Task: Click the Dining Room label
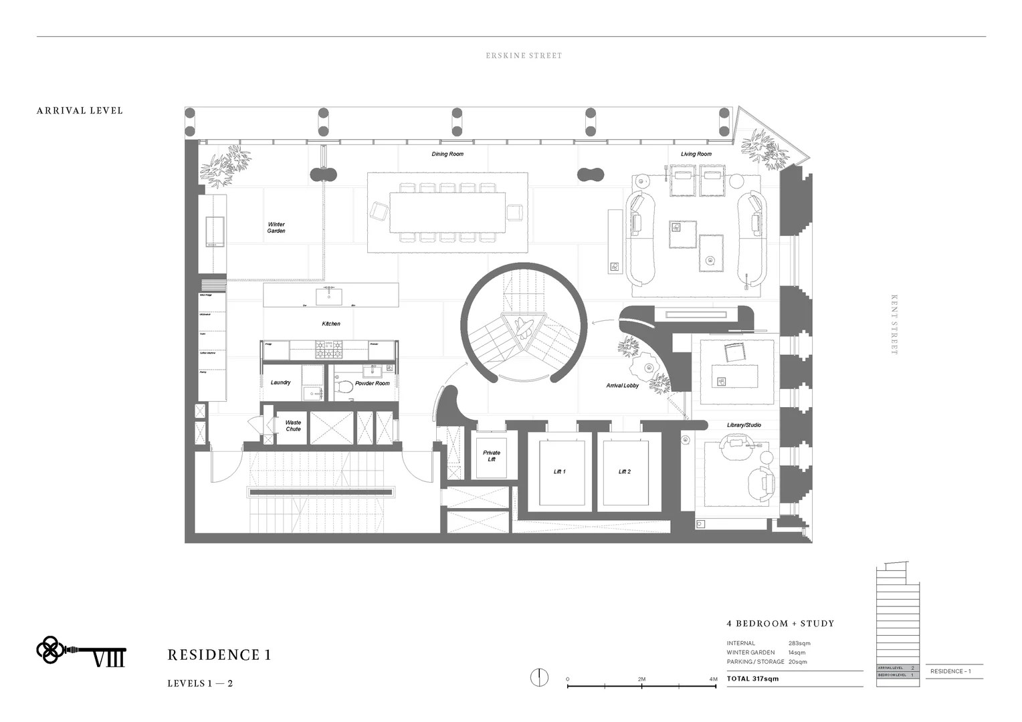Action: coord(447,154)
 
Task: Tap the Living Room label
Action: coord(696,154)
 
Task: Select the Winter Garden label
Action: coord(276,228)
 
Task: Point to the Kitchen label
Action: coord(331,324)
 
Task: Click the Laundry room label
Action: coord(280,382)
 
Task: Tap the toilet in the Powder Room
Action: coord(344,386)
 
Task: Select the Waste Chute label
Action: coord(293,426)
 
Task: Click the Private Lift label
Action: coord(492,456)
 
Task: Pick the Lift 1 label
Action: coord(559,472)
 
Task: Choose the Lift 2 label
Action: coord(624,472)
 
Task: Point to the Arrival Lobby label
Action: coord(622,386)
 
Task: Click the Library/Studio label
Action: coord(744,425)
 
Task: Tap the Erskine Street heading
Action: coord(524,56)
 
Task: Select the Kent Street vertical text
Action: coord(894,325)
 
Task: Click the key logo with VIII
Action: coord(80,650)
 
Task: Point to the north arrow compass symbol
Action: coord(539,677)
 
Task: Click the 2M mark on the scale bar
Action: coord(641,680)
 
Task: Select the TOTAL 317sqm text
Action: coord(752,679)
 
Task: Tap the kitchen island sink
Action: coord(328,295)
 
